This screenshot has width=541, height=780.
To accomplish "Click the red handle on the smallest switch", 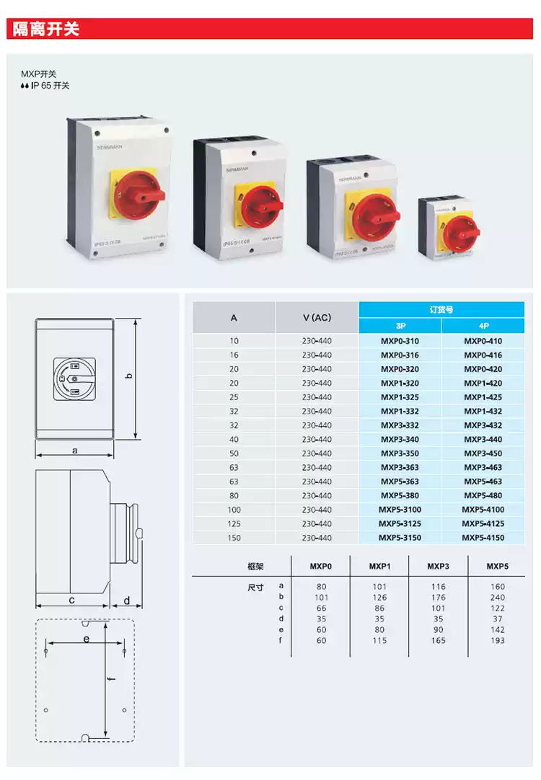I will point(462,231).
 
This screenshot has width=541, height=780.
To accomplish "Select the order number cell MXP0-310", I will point(400,341).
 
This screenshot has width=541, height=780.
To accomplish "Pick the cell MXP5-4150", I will point(483,538).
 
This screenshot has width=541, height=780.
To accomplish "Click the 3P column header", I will point(400,326).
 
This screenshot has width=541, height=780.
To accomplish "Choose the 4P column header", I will point(483,326).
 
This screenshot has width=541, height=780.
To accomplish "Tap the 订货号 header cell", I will point(441,309).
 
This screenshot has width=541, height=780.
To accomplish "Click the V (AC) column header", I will point(317,318).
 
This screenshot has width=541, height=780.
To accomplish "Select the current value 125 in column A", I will point(234,523).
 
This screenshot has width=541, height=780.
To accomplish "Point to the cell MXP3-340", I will point(400,440).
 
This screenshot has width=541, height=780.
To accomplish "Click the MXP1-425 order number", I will point(483,397).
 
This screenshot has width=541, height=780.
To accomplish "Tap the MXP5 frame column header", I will point(497,567).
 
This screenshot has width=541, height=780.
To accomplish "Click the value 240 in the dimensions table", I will point(497,598).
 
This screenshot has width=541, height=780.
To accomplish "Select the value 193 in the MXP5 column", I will point(497,640).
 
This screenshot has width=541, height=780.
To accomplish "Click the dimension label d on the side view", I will point(126,600).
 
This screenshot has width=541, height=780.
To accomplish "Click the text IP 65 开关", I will point(50,86).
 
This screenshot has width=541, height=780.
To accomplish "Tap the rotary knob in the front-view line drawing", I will point(75,378).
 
